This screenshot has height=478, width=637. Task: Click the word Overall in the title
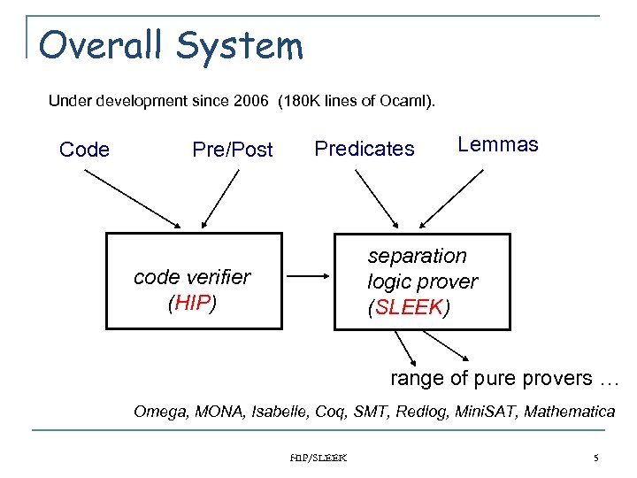(x=95, y=45)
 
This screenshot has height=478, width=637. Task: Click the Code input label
(x=85, y=150)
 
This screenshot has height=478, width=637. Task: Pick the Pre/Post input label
(x=233, y=150)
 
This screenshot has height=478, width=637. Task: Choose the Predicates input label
(x=365, y=149)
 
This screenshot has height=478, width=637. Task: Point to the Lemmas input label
(x=497, y=145)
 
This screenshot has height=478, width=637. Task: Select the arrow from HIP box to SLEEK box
(x=308, y=277)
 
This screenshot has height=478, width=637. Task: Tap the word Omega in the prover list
(x=157, y=411)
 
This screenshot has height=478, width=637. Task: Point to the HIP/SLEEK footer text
(x=318, y=458)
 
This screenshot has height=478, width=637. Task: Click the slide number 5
(x=596, y=458)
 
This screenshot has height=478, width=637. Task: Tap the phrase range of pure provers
(x=491, y=378)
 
